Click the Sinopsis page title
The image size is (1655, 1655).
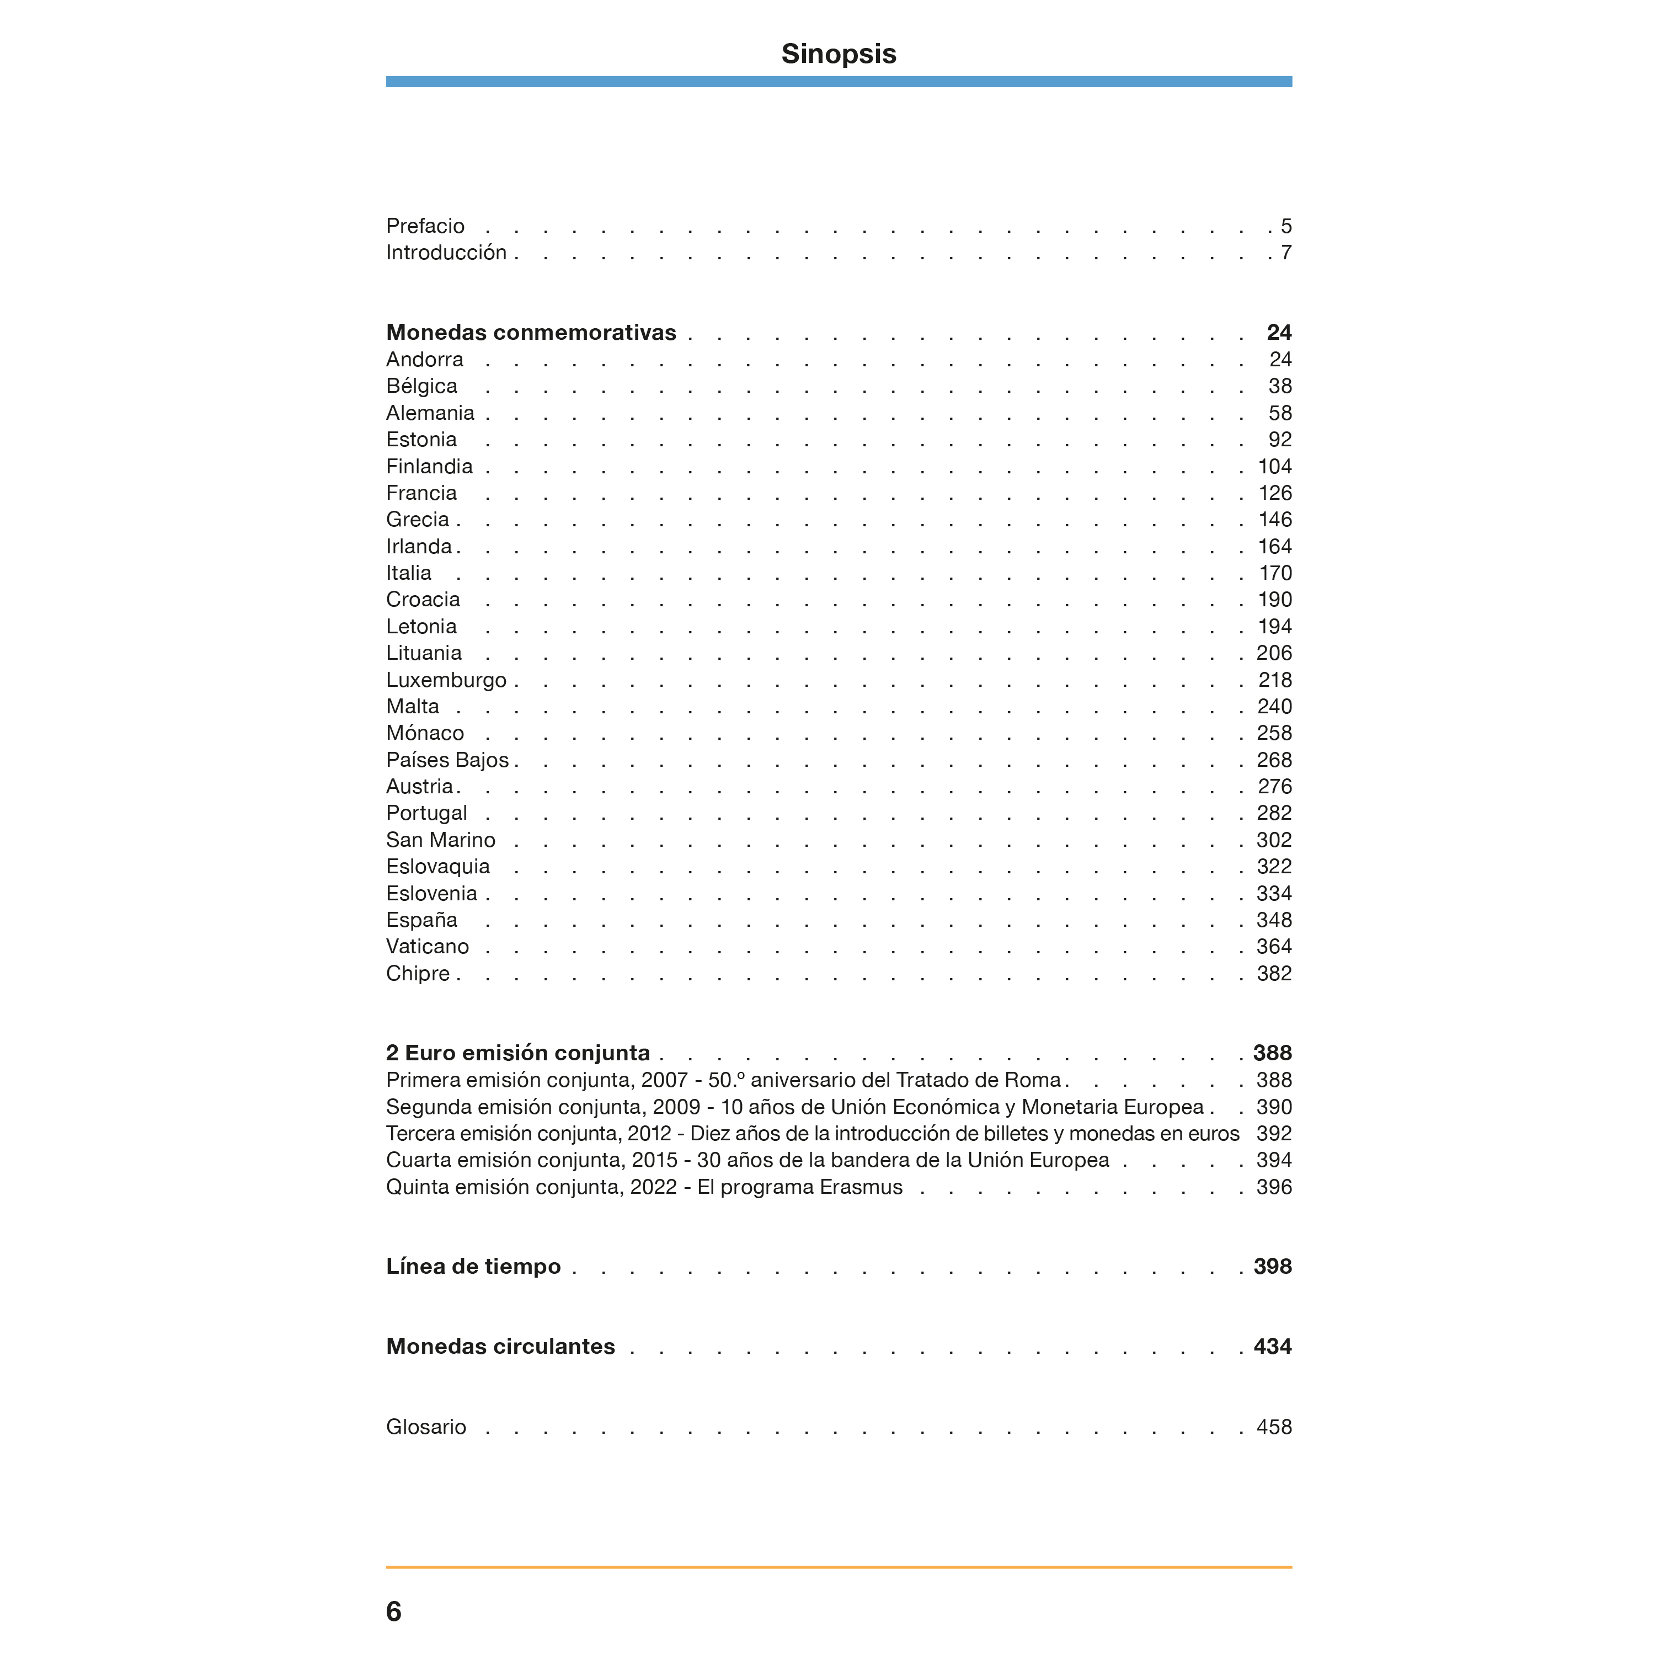pos(838,54)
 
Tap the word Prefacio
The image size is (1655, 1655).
pos(425,226)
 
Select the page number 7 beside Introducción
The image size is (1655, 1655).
pos(1286,253)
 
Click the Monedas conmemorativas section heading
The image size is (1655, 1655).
pos(531,332)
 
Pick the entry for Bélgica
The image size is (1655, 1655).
pos(421,386)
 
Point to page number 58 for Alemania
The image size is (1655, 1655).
pos(1280,413)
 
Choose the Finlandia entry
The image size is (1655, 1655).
pos(429,466)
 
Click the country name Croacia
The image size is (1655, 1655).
pos(423,600)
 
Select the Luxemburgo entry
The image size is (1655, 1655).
pos(446,680)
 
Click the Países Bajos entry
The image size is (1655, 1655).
pos(447,760)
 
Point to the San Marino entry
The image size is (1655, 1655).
pos(440,840)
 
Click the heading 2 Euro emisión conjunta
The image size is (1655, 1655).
pos(517,1053)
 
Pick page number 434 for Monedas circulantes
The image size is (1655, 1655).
pos(1272,1347)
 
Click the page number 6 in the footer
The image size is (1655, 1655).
pos(394,1611)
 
